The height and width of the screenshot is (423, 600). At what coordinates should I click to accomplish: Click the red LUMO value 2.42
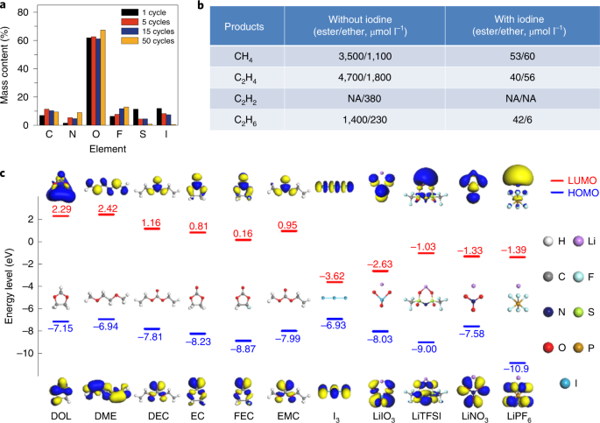click(x=108, y=209)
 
